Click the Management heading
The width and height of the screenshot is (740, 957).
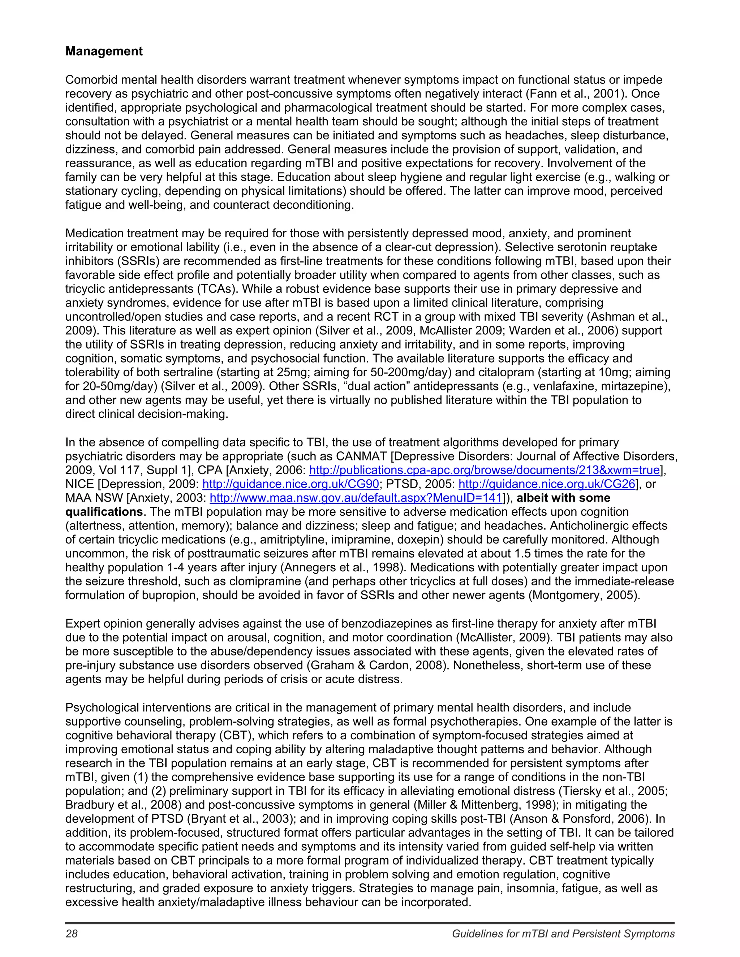(104, 51)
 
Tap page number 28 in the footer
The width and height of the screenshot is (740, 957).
(72, 934)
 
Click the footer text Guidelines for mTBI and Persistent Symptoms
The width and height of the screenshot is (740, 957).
(563, 934)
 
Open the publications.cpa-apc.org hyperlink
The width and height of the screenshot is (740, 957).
(485, 470)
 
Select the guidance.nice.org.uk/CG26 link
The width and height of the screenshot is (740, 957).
(547, 484)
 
